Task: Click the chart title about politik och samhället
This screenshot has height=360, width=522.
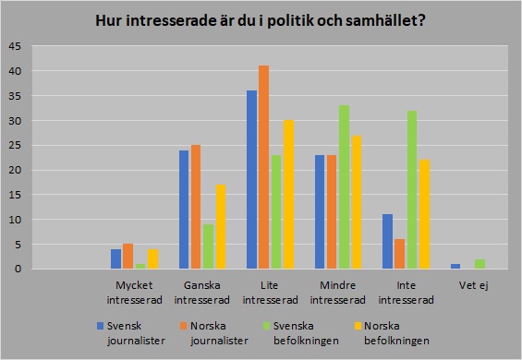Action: coord(261,20)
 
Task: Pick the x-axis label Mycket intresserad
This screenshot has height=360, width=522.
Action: coord(135,291)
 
